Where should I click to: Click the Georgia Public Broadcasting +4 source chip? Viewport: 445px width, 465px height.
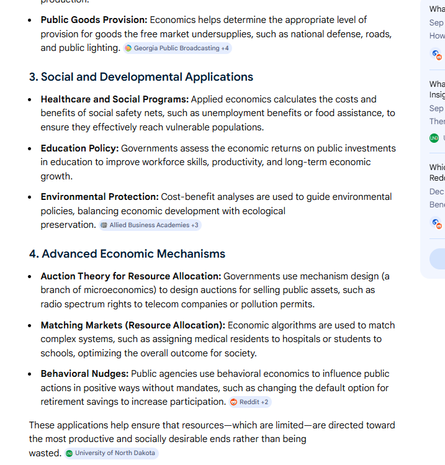[x=178, y=48]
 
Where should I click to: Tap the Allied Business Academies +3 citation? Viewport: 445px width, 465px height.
[x=150, y=225]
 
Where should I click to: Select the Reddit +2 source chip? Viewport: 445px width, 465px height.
[x=250, y=402]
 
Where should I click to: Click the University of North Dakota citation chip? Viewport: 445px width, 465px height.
[x=112, y=453]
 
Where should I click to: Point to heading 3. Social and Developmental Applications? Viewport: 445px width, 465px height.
[x=141, y=77]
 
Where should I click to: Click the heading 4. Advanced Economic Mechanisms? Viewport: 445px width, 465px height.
[x=127, y=254]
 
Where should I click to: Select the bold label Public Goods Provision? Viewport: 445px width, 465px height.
[x=94, y=20]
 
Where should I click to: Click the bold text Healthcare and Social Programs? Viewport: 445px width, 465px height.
[x=114, y=99]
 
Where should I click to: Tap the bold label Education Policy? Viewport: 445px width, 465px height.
[x=79, y=148]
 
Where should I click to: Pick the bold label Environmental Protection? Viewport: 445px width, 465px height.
[x=99, y=197]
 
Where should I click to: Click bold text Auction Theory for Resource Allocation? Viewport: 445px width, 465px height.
[x=130, y=276]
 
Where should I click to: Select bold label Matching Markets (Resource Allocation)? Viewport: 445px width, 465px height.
[x=133, y=325]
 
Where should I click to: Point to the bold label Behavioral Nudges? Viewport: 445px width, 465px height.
[x=84, y=374]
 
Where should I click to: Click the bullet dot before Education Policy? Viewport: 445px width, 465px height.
[x=30, y=149]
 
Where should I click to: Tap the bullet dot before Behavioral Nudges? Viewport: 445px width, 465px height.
[x=30, y=374]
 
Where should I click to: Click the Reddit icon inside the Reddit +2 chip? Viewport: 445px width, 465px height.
[x=234, y=402]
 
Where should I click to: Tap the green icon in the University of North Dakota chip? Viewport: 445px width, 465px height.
[x=70, y=453]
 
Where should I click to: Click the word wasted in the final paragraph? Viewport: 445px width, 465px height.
[x=45, y=453]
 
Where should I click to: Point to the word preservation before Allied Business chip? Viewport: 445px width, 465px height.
[x=68, y=225]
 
